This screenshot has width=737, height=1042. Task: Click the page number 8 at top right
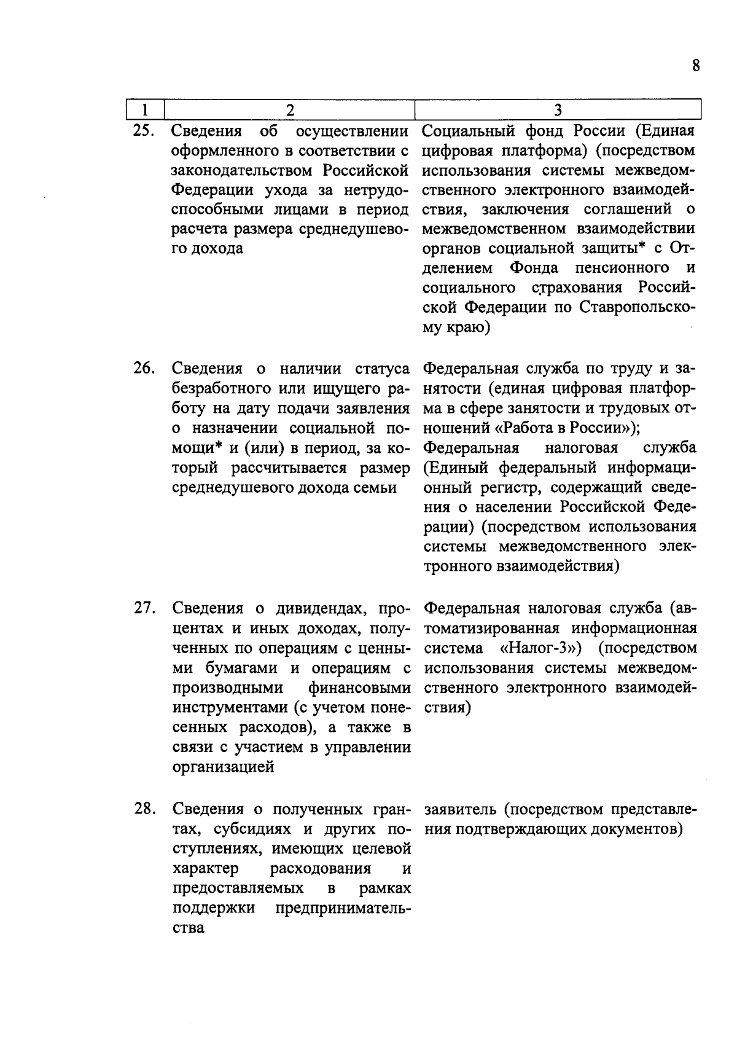click(x=695, y=66)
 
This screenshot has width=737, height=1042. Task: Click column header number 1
click(x=144, y=110)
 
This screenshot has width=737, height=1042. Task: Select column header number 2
click(x=290, y=110)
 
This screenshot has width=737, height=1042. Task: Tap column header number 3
click(x=558, y=110)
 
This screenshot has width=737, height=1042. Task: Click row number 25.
click(x=145, y=131)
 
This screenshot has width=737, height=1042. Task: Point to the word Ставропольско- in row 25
click(x=638, y=308)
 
